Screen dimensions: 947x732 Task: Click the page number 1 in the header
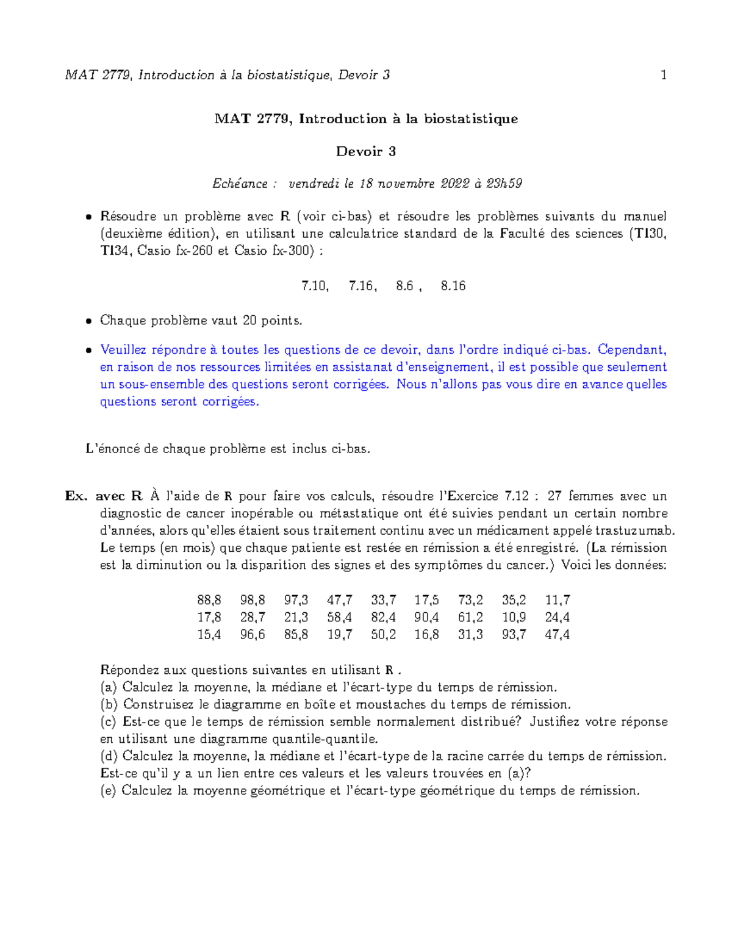click(663, 75)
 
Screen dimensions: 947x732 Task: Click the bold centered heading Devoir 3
click(366, 151)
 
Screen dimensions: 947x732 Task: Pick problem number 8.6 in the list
click(404, 286)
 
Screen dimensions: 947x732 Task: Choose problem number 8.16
click(453, 286)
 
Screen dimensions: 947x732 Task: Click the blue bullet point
click(89, 351)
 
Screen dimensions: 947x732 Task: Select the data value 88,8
click(209, 600)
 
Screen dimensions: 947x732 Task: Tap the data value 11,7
click(558, 600)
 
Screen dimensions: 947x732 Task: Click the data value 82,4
click(383, 617)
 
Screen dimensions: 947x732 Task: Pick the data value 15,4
click(209, 635)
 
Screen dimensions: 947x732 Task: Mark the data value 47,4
click(558, 635)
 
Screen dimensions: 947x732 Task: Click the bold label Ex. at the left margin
click(77, 496)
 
